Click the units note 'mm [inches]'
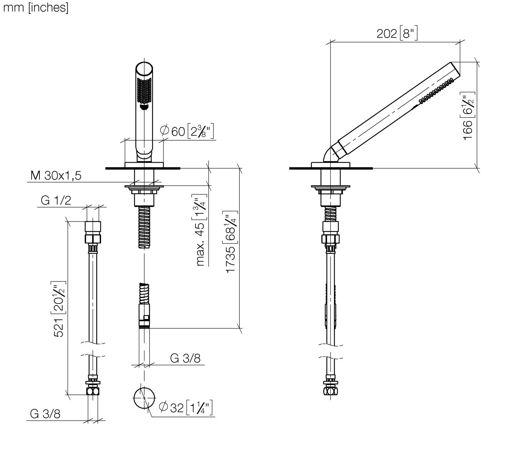[x=36, y=8]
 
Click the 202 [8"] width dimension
[x=397, y=33]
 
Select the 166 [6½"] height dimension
[x=468, y=116]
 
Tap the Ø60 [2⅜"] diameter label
[x=187, y=131]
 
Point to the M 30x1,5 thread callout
[x=56, y=176]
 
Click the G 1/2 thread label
[x=56, y=200]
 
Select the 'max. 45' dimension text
[x=201, y=244]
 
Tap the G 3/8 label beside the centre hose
[x=185, y=358]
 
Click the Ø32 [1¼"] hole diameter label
[x=186, y=408]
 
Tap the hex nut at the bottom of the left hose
[x=93, y=391]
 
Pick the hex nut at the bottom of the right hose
[x=330, y=391]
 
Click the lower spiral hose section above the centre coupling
[x=144, y=293]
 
